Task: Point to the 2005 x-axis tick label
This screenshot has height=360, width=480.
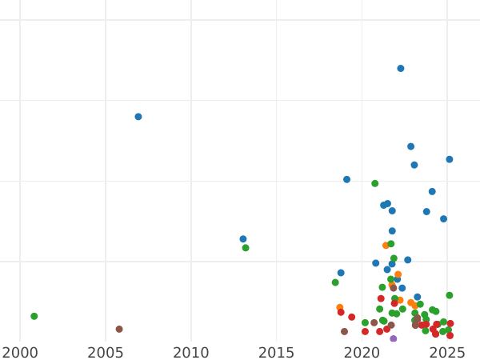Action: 106,351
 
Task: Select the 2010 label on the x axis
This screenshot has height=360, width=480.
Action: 191,351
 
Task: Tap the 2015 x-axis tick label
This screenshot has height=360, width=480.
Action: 277,351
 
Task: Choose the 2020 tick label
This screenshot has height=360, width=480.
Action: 362,351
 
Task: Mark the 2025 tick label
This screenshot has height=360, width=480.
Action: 448,351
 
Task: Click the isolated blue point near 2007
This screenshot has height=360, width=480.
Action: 138,117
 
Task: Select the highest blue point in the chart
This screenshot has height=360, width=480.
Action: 401,69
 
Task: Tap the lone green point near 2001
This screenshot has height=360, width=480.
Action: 34,316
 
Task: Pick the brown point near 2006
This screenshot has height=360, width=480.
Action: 119,329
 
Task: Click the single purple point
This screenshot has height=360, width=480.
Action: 394,338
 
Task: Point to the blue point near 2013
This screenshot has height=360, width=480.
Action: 243,239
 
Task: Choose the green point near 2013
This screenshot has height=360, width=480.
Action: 246,248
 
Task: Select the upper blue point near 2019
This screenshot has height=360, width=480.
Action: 347,179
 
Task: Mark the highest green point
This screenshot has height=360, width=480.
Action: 375,183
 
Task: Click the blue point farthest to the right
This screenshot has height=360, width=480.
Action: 450,159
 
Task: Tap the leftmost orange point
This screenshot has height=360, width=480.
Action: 340,307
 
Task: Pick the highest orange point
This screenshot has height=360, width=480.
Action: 386,246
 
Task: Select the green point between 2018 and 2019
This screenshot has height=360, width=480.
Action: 335,282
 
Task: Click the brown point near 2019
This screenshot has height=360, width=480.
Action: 345,331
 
